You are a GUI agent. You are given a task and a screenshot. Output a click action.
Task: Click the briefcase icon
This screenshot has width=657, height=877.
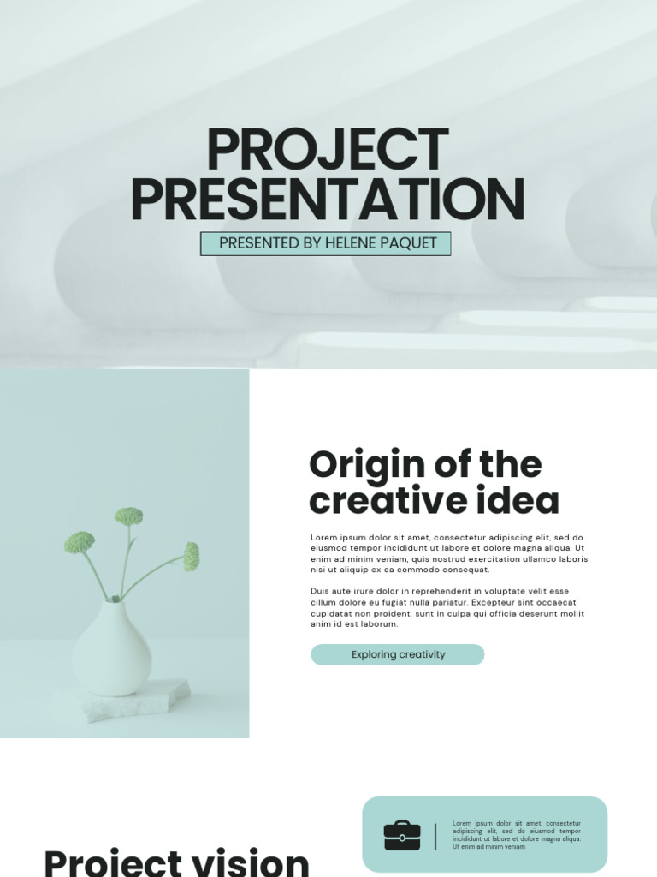[402, 835]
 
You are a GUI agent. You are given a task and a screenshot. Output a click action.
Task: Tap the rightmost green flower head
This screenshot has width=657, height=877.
[192, 556]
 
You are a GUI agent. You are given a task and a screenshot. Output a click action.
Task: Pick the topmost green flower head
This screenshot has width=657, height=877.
[128, 516]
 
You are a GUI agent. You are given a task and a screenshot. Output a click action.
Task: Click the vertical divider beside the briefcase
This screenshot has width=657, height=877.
[435, 836]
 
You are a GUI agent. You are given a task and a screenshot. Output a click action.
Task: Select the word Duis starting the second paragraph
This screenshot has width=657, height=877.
[320, 591]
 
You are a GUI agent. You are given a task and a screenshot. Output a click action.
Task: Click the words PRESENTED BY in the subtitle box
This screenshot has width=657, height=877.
[259, 243]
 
